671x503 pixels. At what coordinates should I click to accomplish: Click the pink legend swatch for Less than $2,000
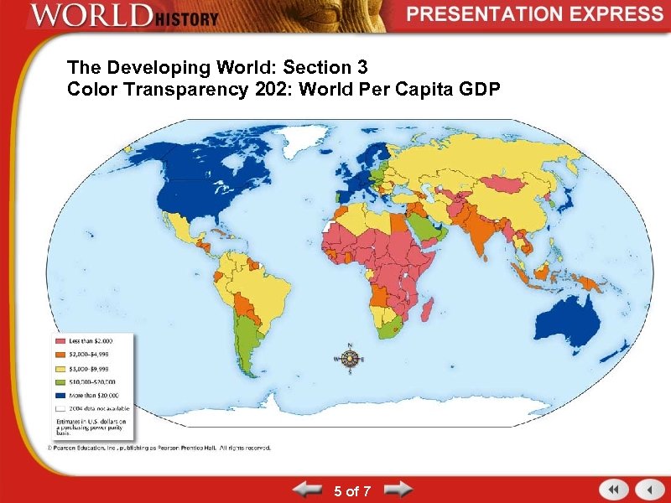click(x=61, y=341)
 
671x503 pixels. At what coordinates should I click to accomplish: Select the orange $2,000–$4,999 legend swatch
click(x=61, y=355)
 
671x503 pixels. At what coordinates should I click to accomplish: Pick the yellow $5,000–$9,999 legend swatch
click(x=61, y=368)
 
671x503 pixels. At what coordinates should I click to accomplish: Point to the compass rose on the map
click(x=350, y=359)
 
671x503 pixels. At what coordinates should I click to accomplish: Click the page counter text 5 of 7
click(x=352, y=491)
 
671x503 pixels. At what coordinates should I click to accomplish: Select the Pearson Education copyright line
click(x=159, y=448)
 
